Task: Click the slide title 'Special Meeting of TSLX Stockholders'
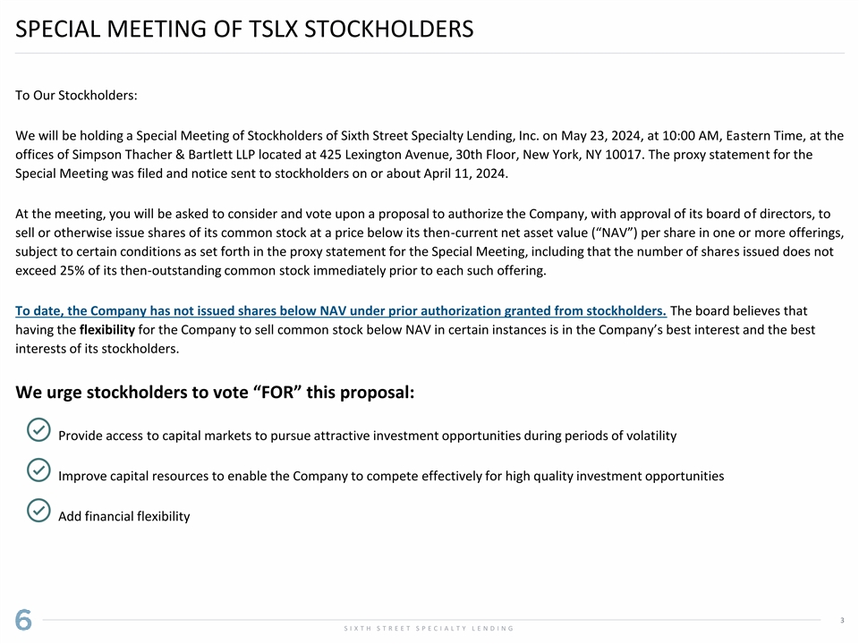pos(244,30)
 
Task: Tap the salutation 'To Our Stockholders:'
pos(76,95)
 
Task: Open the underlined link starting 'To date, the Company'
pos(341,310)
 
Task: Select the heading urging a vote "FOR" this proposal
pos(215,394)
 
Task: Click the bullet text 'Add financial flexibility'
pos(123,516)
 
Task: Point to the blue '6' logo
pos(23,620)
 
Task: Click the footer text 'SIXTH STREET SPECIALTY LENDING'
pos(429,629)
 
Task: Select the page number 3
pos(843,620)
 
